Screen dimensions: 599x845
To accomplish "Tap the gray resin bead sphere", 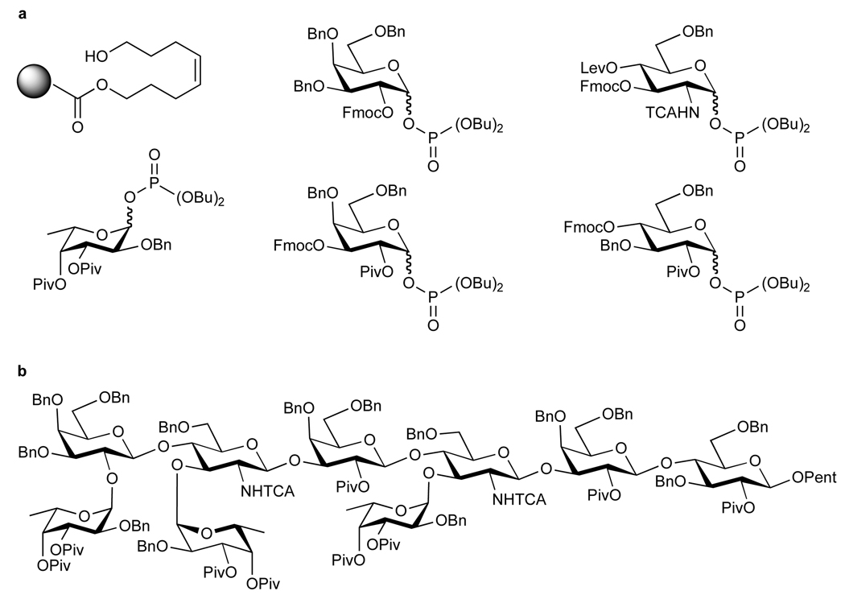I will [33, 83].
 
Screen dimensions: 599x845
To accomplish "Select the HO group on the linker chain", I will [94, 56].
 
